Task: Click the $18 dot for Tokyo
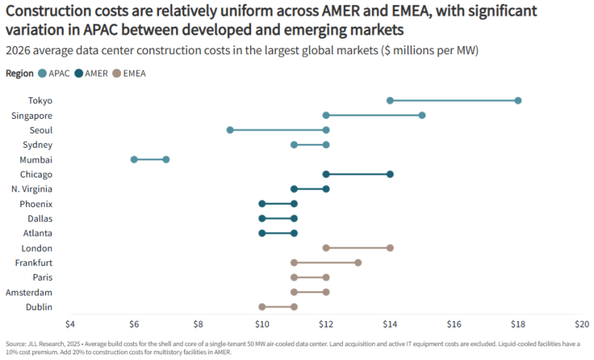[518, 100]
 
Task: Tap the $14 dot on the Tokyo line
[390, 100]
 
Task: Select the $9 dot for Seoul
[230, 130]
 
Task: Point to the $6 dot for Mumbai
[134, 160]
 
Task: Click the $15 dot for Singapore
[422, 115]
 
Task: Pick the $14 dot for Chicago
[390, 174]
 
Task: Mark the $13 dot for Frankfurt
[358, 263]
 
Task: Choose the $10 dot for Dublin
[262, 307]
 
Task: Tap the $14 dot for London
[390, 248]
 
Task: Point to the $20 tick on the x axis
[581, 324]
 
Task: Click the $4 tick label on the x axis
[70, 324]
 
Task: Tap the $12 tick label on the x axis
[326, 324]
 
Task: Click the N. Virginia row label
[32, 189]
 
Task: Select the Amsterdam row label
[29, 292]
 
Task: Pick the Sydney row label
[37, 145]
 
